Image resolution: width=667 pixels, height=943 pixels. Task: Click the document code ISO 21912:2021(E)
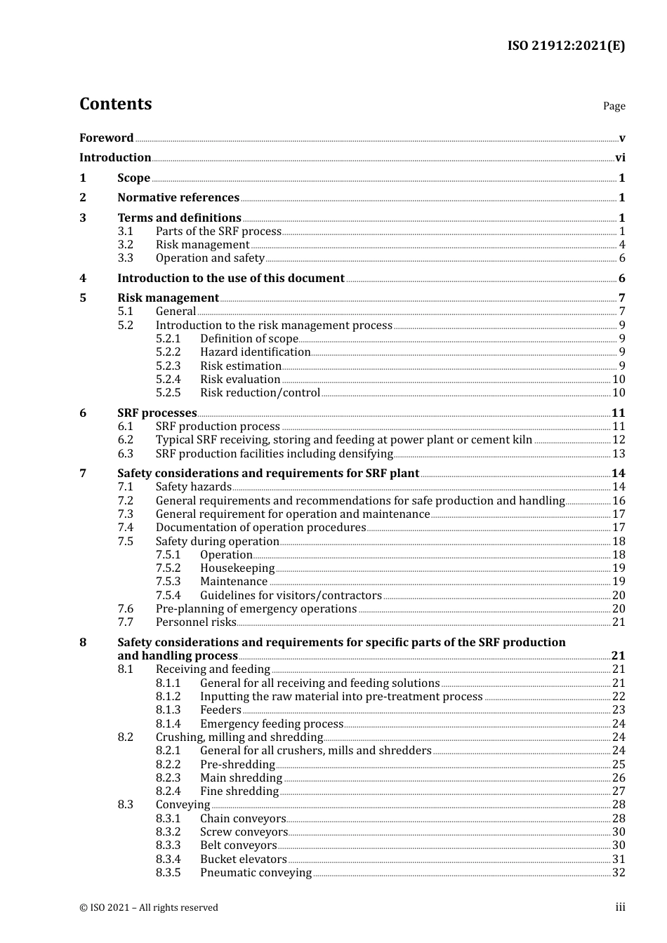pyautogui.click(x=566, y=46)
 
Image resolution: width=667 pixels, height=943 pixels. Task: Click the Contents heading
pyautogui.click(x=115, y=104)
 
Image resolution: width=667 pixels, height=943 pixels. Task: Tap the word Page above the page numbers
pyautogui.click(x=614, y=106)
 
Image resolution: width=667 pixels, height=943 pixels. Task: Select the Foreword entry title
pyautogui.click(x=106, y=138)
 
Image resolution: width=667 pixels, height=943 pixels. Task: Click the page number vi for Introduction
pyautogui.click(x=620, y=158)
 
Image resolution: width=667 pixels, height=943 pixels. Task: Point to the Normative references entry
pyautogui.click(x=178, y=198)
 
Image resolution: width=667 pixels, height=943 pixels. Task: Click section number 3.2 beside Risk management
pyautogui.click(x=125, y=245)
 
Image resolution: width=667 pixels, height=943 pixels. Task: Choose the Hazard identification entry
pyautogui.click(x=255, y=352)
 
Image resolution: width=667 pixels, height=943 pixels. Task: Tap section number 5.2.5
pyautogui.click(x=168, y=393)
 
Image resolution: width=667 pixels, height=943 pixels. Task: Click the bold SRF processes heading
pyautogui.click(x=157, y=413)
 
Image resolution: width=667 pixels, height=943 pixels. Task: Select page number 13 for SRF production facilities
pyautogui.click(x=619, y=454)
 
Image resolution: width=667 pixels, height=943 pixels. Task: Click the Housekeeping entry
pyautogui.click(x=237, y=568)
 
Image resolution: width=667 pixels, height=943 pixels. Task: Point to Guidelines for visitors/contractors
pyautogui.click(x=291, y=596)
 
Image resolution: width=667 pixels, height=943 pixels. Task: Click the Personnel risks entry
pyautogui.click(x=196, y=622)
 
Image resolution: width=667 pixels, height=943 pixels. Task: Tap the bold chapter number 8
pyautogui.click(x=83, y=643)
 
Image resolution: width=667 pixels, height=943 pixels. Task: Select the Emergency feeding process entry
pyautogui.click(x=272, y=724)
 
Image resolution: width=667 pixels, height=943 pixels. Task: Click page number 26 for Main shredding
pyautogui.click(x=619, y=778)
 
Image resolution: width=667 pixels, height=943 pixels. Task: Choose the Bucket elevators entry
pyautogui.click(x=243, y=860)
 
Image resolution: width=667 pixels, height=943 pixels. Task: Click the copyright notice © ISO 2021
pyautogui.click(x=149, y=908)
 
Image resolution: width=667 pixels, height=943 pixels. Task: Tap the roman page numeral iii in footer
pyautogui.click(x=620, y=907)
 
